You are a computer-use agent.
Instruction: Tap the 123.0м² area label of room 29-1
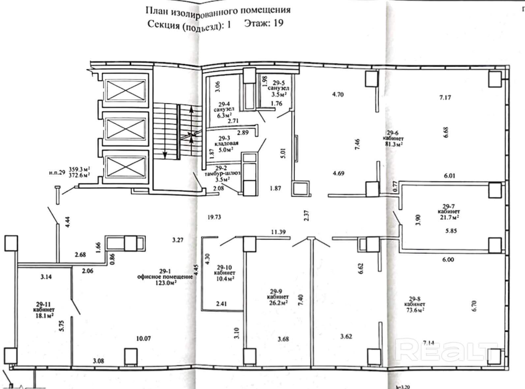(164, 283)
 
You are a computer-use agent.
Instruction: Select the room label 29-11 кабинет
(44, 307)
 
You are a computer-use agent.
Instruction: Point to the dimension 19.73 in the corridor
(214, 217)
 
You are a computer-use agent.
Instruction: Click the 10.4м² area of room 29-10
(224, 279)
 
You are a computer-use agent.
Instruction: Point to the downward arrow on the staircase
(164, 154)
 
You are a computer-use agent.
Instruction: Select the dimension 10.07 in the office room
(143, 339)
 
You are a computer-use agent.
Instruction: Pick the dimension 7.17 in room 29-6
(445, 97)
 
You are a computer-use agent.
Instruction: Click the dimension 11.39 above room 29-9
(278, 232)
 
